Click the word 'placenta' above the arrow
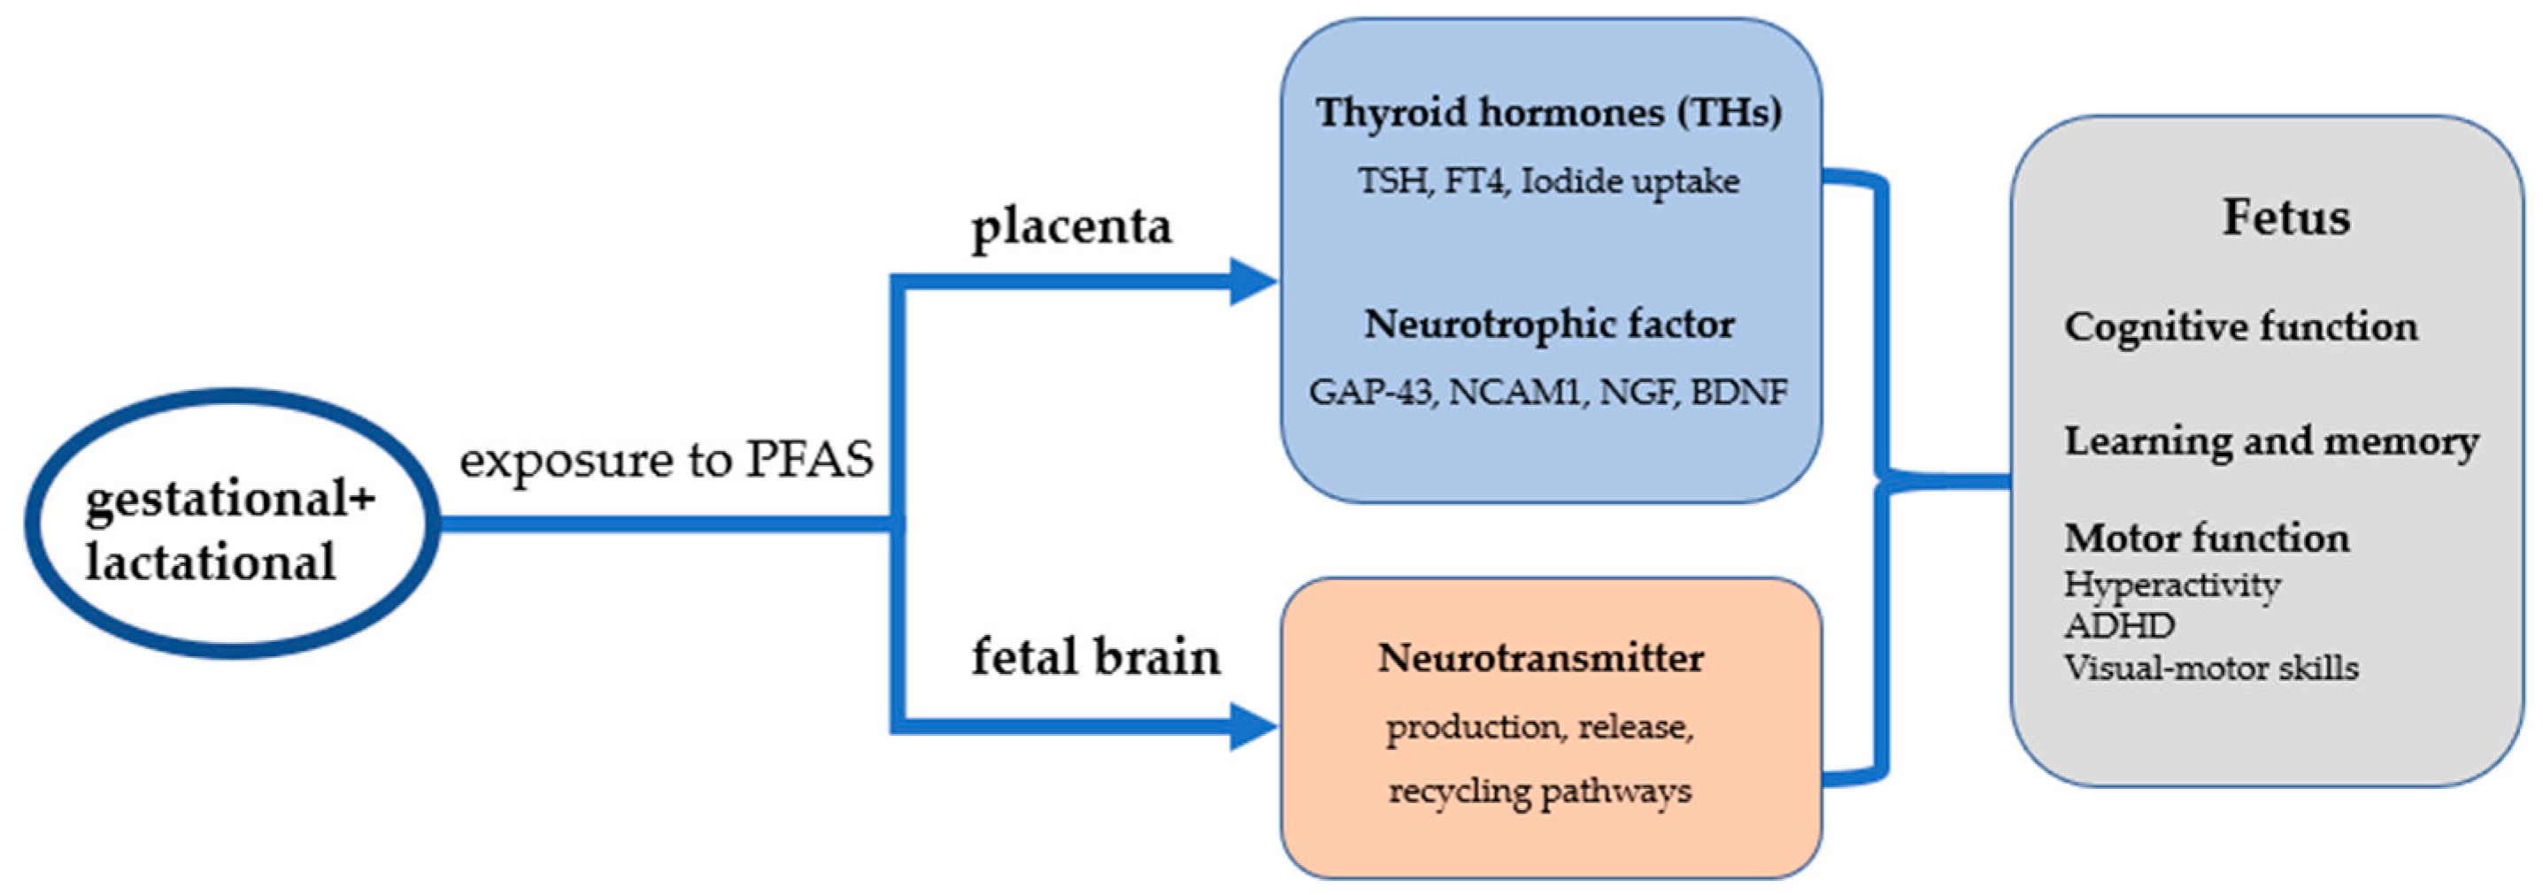tap(1071, 227)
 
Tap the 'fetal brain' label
tap(1096, 657)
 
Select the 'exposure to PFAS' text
tap(667, 460)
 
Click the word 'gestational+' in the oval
tap(230, 498)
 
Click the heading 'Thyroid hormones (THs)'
tap(1548, 112)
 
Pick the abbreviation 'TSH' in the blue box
tap(1391, 181)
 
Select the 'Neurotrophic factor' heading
tap(1548, 325)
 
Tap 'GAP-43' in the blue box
tap(1371, 393)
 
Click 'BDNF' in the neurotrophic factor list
tap(1738, 393)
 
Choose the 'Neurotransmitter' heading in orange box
tap(1540, 658)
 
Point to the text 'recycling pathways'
tap(1540, 792)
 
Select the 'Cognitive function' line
tap(2240, 327)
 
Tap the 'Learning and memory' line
tap(2270, 441)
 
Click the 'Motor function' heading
tap(2207, 539)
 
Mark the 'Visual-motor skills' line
tap(2210, 669)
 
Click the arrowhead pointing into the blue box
tap(1252, 282)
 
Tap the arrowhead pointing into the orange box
tap(1252, 727)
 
